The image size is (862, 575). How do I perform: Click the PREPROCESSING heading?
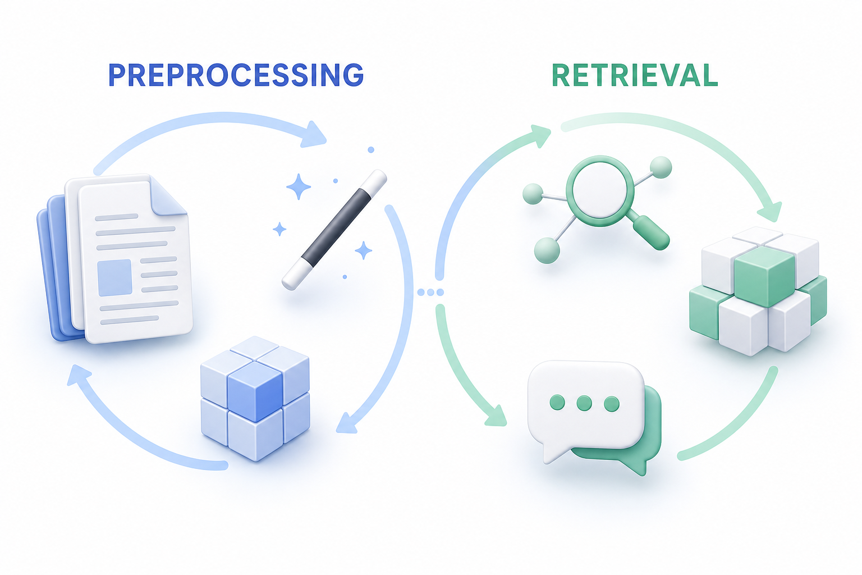click(236, 75)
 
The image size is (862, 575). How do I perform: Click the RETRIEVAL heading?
click(635, 75)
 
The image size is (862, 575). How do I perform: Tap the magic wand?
click(334, 230)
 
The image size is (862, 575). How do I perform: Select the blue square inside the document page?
click(114, 277)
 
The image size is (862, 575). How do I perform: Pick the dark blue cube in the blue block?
click(255, 391)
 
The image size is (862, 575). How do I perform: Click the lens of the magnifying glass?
click(600, 191)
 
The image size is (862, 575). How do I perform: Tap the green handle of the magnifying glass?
click(651, 232)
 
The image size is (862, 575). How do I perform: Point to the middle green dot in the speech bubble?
click(584, 403)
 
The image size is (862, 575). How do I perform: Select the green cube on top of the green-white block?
click(764, 276)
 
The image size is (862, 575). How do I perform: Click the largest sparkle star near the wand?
click(299, 187)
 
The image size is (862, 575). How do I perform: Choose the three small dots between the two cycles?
click(430, 293)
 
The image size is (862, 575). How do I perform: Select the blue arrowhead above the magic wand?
click(313, 135)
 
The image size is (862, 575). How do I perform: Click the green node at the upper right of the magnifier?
click(661, 167)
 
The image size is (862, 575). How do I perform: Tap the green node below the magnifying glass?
click(547, 250)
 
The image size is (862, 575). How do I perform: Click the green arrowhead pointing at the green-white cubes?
click(769, 212)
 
